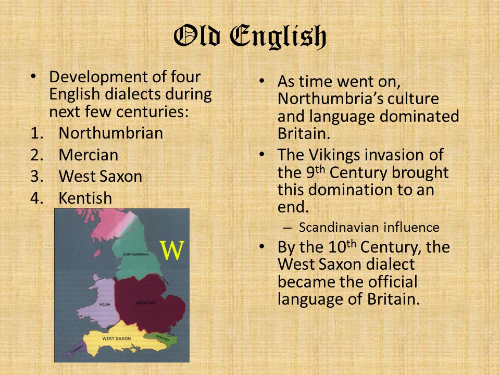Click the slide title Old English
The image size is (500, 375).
point(250,36)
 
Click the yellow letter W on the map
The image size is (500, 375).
point(172,251)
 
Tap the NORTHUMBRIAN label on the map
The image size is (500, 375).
point(136,254)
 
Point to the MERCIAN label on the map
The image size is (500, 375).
point(145,303)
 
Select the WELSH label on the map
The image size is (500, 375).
point(105,304)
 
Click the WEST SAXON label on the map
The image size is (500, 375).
point(116,339)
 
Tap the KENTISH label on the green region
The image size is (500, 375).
point(162,337)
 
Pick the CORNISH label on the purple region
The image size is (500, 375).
point(77,348)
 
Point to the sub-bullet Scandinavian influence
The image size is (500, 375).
point(369,228)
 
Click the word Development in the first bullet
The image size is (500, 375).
point(98,77)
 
